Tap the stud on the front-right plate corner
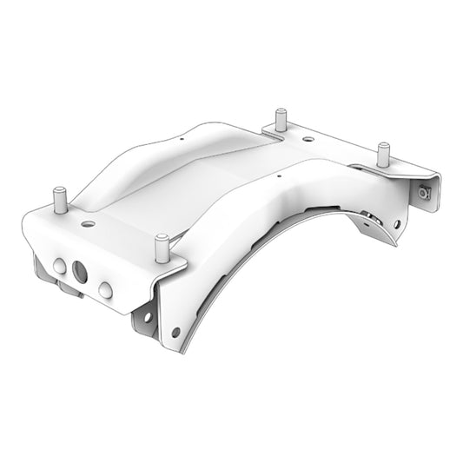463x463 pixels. (x=161, y=247)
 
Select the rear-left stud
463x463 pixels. (x=281, y=119)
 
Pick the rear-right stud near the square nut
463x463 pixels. (x=380, y=154)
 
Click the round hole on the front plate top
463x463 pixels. (x=87, y=222)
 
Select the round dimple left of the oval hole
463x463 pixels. (x=58, y=264)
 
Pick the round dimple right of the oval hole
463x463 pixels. (x=105, y=288)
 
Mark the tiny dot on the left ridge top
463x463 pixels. (x=182, y=137)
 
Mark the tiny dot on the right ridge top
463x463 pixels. (x=277, y=176)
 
